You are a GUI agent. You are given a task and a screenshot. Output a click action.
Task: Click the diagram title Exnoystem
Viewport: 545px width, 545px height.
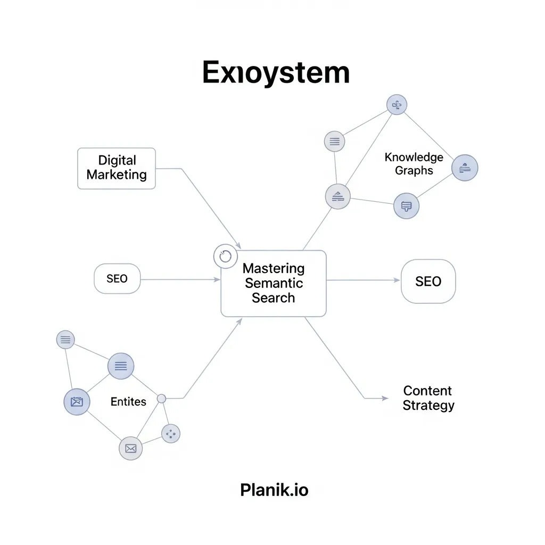click(x=276, y=73)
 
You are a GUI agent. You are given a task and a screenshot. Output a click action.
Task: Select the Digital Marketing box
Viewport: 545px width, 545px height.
click(x=117, y=168)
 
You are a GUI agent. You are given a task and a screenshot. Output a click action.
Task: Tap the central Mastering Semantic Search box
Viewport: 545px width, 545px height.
click(x=273, y=283)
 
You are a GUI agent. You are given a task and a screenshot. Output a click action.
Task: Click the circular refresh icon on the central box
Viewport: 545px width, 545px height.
click(x=225, y=257)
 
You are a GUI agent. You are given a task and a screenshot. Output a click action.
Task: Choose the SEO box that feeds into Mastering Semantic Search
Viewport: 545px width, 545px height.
click(x=117, y=279)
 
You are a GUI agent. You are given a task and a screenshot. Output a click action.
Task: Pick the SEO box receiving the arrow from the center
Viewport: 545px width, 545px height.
click(x=428, y=282)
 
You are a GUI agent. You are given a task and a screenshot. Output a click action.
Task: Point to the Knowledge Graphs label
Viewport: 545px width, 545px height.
click(x=414, y=164)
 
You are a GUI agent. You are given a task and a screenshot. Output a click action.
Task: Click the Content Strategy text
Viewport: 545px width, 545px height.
click(x=428, y=398)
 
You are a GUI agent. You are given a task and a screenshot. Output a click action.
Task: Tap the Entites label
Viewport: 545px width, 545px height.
click(x=128, y=402)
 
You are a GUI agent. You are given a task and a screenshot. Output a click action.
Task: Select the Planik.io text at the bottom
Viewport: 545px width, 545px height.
click(x=274, y=490)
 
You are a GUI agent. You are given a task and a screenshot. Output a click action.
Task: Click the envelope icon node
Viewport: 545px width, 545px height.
click(x=131, y=448)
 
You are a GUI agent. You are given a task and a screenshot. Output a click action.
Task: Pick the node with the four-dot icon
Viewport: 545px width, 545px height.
click(x=171, y=434)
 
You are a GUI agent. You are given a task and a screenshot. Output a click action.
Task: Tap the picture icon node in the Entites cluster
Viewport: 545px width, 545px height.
click(x=77, y=402)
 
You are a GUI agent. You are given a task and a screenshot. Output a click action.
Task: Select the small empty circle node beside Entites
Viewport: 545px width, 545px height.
click(x=162, y=398)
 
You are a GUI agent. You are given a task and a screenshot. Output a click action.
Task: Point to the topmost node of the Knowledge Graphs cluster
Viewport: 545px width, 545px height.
click(x=397, y=105)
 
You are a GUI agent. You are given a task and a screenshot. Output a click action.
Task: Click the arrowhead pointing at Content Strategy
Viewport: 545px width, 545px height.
click(x=385, y=398)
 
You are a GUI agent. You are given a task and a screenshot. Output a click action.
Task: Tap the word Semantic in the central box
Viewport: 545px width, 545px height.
click(x=273, y=283)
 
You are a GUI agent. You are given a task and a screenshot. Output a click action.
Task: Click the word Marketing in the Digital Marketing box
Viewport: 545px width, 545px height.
click(x=117, y=175)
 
